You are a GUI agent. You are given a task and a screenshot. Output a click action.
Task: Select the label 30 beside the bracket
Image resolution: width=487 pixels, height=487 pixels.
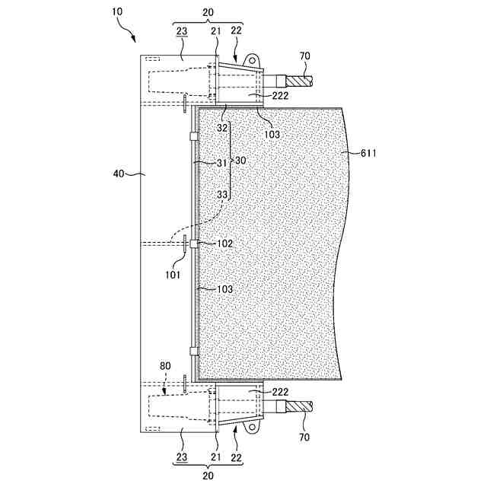(240, 161)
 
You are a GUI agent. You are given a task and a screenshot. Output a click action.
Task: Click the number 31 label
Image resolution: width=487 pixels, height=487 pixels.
(222, 162)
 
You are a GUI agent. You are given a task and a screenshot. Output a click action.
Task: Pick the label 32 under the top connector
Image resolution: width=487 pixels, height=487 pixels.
(222, 128)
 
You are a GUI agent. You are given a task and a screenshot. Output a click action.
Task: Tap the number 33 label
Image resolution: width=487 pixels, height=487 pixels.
(222, 195)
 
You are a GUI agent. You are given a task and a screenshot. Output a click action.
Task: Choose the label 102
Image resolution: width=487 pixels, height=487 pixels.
(224, 243)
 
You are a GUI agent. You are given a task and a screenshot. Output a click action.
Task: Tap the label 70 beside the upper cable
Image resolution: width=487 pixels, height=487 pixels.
(305, 56)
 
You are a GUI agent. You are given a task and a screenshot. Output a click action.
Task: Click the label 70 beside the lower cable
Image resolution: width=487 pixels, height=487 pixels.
(305, 438)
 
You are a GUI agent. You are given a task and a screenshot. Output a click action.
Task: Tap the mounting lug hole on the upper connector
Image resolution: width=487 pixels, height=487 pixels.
(250, 58)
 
